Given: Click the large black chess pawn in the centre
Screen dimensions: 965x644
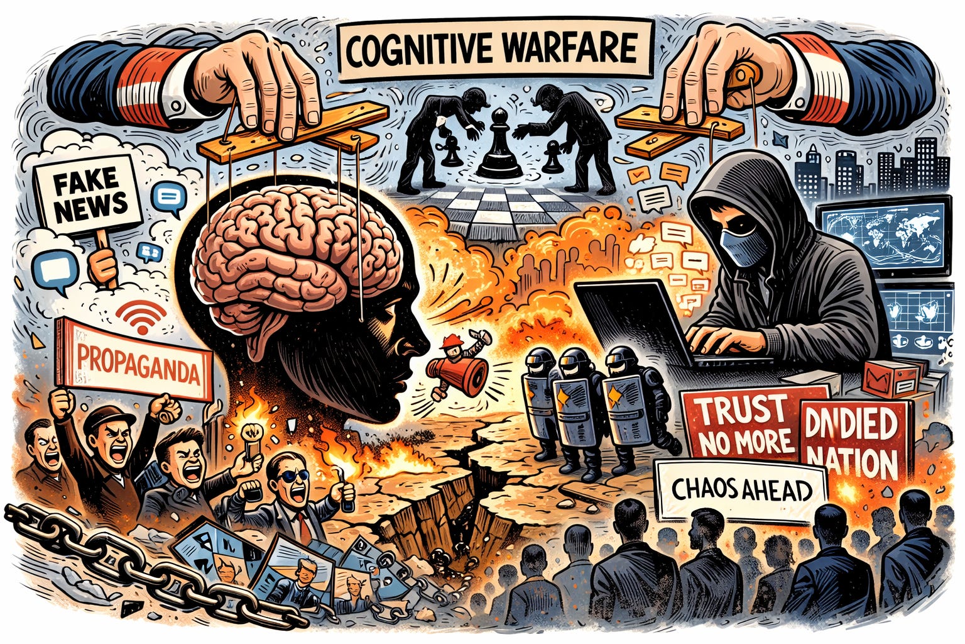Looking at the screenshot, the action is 499,146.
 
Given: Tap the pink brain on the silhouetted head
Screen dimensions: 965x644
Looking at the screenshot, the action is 295,252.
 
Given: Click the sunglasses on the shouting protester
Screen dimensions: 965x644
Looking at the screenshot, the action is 295,475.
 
